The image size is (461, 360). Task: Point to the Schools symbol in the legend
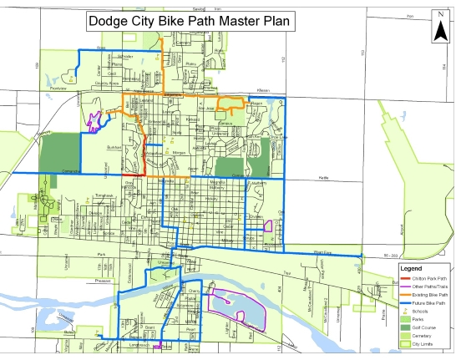tap(408, 310)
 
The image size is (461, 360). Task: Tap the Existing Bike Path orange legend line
tap(408, 294)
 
